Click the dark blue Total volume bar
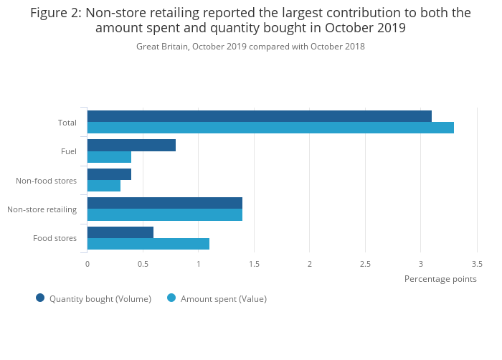(259, 116)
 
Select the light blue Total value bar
(270, 128)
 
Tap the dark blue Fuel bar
(131, 145)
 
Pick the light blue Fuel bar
(109, 157)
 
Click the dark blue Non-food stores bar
(109, 174)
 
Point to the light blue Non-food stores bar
(104, 186)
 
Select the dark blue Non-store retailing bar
(164, 203)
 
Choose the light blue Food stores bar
(148, 244)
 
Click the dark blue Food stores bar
(120, 232)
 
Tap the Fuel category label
(69, 151)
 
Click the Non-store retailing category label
(42, 209)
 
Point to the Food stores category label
(55, 238)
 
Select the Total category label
(67, 123)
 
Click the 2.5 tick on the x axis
(365, 264)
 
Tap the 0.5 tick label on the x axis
(143, 264)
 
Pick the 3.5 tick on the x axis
(476, 264)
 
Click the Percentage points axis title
(440, 279)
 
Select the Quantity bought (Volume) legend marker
(40, 298)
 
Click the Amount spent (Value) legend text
(223, 299)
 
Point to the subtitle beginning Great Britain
(250, 47)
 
